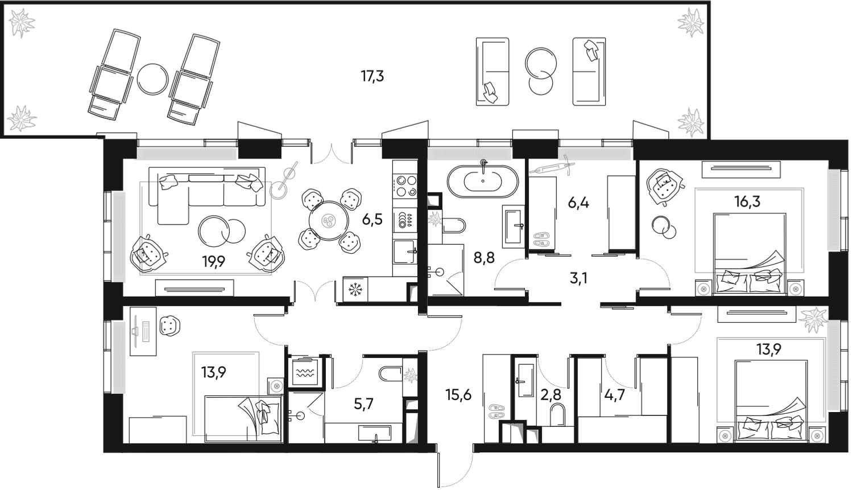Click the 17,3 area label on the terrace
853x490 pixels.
(x=372, y=76)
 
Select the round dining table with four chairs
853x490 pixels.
(x=329, y=220)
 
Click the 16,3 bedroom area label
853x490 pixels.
(x=750, y=201)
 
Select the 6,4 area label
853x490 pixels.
(x=578, y=201)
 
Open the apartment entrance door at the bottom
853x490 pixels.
(x=455, y=467)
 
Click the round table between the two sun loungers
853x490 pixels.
(x=152, y=79)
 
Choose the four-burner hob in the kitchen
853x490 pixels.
(x=405, y=185)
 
